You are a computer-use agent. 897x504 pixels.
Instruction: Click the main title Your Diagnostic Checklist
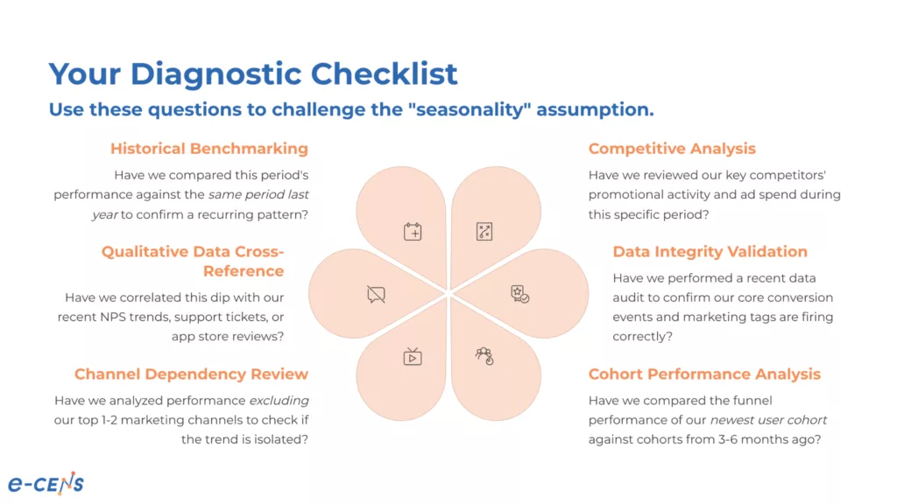point(252,73)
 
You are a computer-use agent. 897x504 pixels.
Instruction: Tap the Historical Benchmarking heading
point(209,149)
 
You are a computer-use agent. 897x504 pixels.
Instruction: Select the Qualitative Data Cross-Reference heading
point(193,262)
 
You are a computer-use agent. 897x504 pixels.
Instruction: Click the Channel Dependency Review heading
point(191,374)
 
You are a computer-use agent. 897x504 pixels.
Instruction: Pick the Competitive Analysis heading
point(672,149)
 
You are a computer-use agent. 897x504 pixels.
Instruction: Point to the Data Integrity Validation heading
point(710,252)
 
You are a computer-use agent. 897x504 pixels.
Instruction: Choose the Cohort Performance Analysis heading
point(704,374)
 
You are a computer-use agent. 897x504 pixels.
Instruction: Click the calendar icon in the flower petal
point(413,232)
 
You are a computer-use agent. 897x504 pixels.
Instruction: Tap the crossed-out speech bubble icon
point(376,294)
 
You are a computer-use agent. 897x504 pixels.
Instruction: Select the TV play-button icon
point(413,356)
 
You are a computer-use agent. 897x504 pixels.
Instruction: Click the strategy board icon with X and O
point(484,232)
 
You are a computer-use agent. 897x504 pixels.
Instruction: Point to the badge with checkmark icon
point(520,294)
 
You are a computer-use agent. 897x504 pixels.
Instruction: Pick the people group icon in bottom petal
point(484,356)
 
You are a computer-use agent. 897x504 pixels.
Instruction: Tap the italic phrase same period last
point(258,194)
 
